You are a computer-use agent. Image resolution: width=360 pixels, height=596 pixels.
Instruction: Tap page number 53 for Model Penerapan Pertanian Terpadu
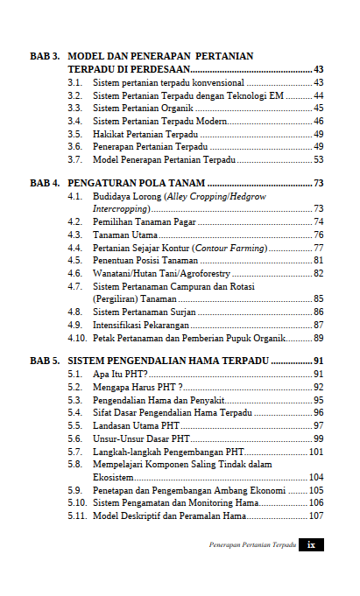pos(318,159)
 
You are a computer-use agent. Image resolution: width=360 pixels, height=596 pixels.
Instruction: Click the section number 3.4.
pos(75,121)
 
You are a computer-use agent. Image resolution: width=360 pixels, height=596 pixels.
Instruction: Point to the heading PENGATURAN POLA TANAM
pos(136,183)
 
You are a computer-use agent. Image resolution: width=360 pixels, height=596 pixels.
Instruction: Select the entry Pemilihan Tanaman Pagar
pos(144,222)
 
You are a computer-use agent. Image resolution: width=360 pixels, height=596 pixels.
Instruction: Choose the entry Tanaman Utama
pos(126,235)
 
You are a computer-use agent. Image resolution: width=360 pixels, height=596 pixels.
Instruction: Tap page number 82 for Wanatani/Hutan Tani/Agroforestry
pos(318,274)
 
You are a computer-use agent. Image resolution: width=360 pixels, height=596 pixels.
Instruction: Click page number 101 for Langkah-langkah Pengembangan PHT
pos(316,452)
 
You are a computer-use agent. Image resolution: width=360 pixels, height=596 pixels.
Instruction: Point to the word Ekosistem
pos(113,477)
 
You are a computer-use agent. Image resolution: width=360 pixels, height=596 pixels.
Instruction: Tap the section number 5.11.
pos(77,515)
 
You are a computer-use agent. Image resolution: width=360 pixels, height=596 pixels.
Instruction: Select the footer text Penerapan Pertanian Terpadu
pos(252,544)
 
